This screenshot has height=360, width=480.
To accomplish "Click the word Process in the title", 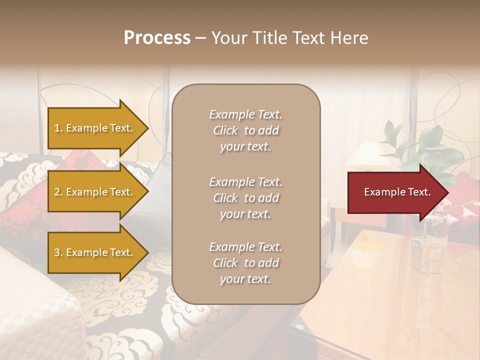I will (x=157, y=38).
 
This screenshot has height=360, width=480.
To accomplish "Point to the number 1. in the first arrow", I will (x=58, y=128).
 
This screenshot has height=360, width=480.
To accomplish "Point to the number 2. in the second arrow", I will (x=58, y=192).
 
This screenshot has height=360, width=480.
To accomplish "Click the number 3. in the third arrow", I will (x=58, y=252).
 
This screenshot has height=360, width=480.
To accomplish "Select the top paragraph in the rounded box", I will (x=245, y=130).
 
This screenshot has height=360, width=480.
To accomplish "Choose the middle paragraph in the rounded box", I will (x=245, y=197).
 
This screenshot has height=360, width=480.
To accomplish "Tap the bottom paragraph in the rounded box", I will (x=245, y=263).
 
